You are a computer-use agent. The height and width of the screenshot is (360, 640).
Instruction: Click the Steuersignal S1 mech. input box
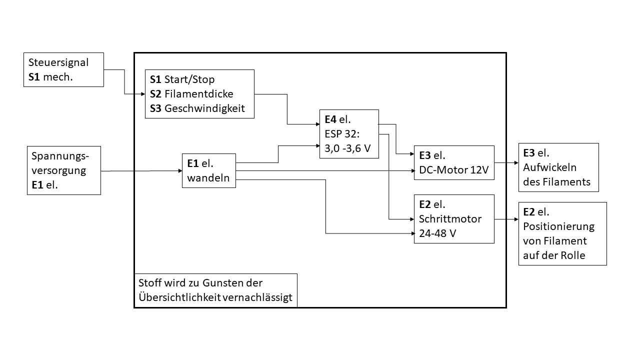(64, 69)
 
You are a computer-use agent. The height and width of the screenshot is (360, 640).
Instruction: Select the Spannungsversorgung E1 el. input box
(63, 170)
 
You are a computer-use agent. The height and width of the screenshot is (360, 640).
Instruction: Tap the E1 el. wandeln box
(209, 170)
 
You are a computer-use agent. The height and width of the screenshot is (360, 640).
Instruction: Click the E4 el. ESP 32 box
(349, 134)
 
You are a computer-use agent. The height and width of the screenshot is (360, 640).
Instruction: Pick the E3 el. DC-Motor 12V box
(454, 162)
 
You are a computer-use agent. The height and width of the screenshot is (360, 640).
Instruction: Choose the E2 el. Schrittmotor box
(454, 219)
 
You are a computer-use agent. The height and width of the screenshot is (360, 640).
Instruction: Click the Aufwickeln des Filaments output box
(558, 167)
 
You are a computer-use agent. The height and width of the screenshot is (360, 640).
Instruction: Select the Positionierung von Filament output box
(562, 233)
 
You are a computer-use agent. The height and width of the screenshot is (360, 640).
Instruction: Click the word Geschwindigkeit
(204, 108)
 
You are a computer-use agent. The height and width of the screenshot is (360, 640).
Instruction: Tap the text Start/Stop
(189, 79)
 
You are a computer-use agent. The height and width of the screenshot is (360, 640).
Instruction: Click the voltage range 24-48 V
(437, 233)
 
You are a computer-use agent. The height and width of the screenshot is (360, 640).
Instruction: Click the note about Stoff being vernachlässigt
(215, 290)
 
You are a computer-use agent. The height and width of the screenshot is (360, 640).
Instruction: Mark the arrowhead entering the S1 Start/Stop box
(142, 94)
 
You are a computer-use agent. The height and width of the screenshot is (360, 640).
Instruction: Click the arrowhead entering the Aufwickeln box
(515, 163)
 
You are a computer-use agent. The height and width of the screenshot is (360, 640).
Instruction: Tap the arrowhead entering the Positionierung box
(515, 219)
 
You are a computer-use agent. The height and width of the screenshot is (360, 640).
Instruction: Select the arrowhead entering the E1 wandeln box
(179, 170)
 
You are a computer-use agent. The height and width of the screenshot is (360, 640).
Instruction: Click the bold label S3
(155, 108)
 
